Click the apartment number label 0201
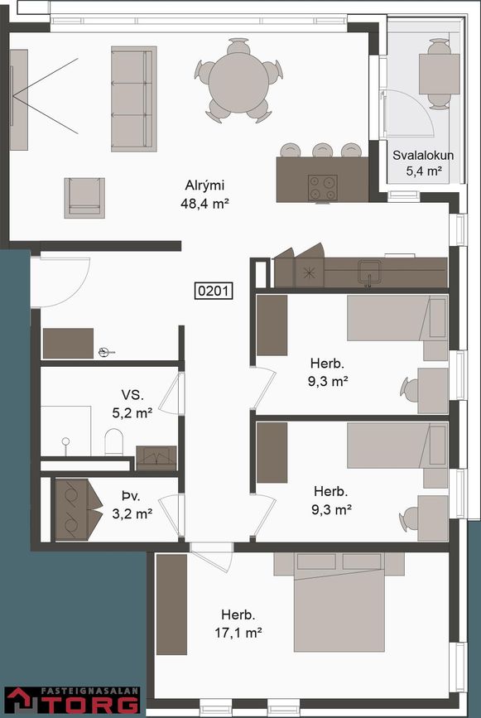point(214,291)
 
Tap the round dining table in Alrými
point(238,83)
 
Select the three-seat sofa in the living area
point(133,99)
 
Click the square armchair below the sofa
point(84,198)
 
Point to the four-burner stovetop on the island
point(323,188)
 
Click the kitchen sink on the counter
point(370,272)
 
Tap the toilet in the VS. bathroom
point(114,442)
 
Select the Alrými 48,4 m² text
point(204,195)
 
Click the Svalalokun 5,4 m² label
point(423,163)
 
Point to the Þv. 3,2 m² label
point(132,505)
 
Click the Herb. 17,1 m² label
point(238,624)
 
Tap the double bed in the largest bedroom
point(339,602)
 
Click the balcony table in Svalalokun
point(439,74)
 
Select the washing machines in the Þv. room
point(79,509)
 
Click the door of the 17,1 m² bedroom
point(211,557)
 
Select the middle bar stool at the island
point(323,150)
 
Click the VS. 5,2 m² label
point(132,404)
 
